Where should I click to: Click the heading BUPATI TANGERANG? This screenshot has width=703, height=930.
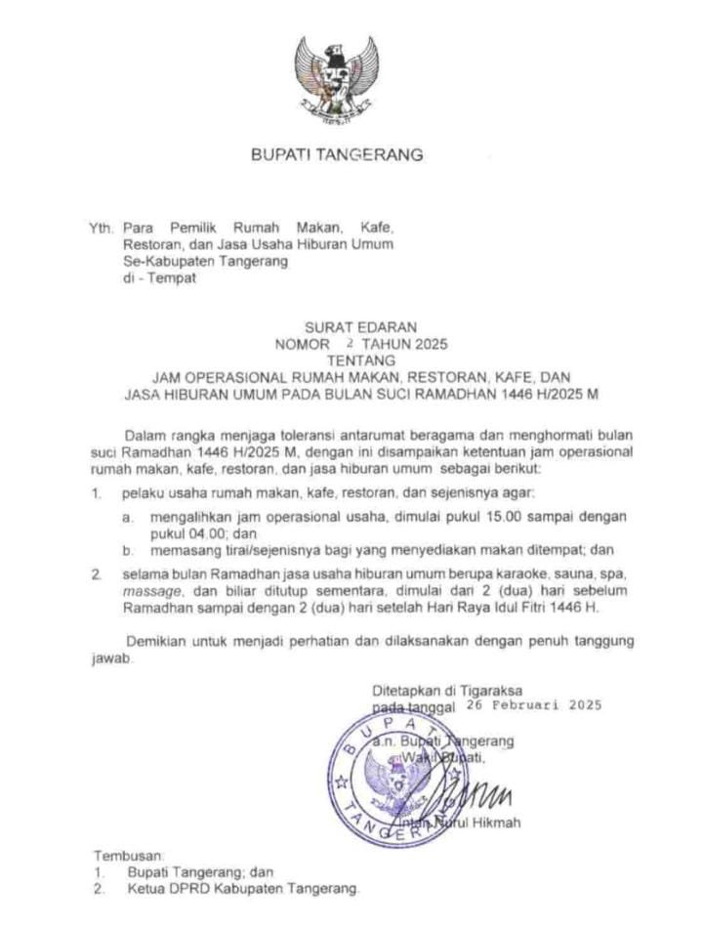337,154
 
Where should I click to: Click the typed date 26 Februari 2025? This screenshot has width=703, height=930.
534,703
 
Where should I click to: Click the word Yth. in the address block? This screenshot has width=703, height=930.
102,229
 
